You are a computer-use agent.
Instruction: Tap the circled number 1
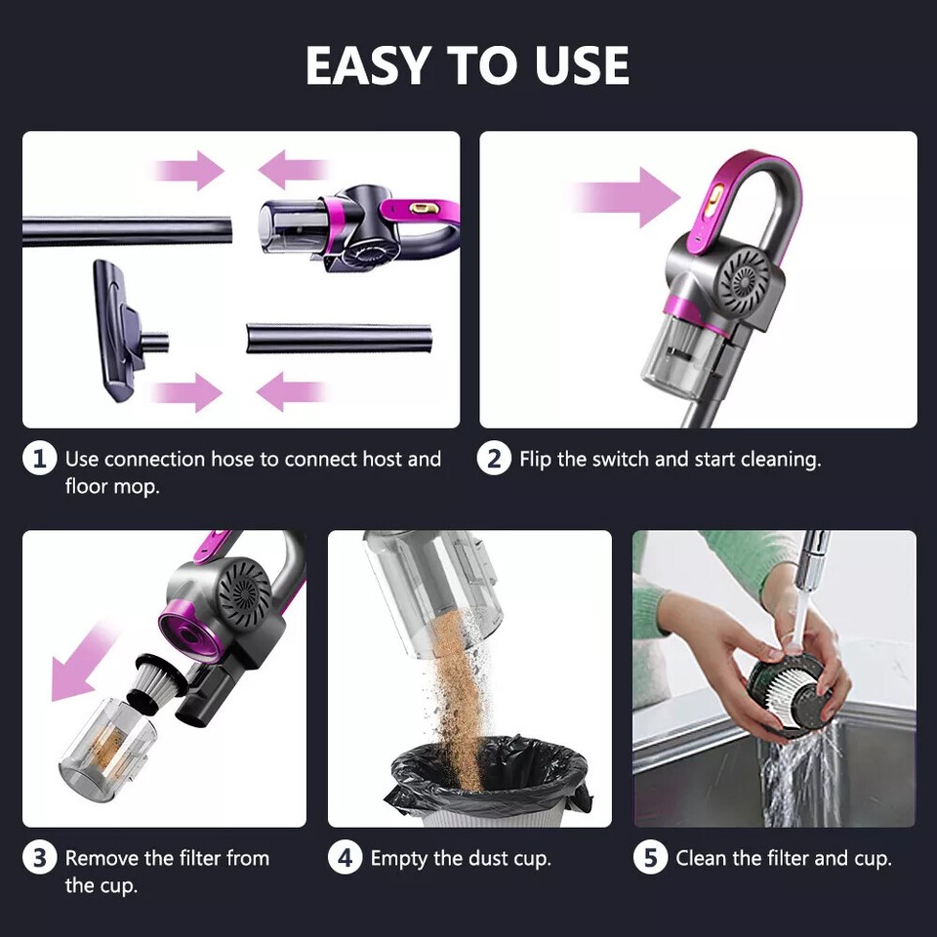(x=39, y=459)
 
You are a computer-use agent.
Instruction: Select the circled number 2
(x=494, y=459)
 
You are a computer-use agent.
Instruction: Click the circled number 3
(x=39, y=859)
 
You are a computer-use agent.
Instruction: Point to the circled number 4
(x=345, y=859)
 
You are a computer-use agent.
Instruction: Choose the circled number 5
(x=650, y=859)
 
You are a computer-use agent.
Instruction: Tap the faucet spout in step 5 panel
(x=809, y=561)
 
